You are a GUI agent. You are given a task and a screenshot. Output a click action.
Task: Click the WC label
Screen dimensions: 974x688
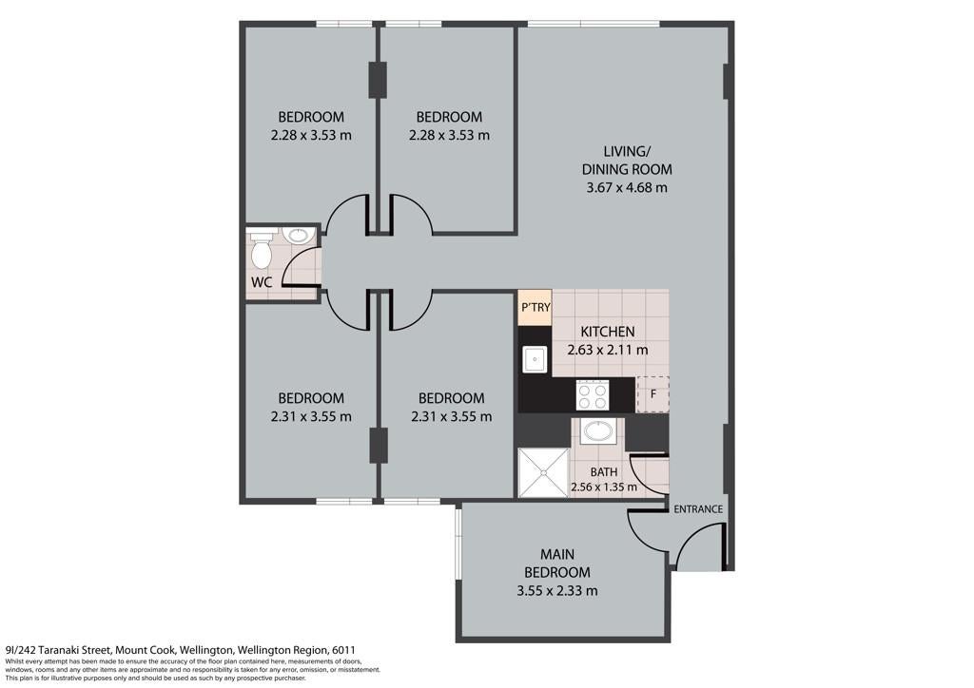(x=262, y=281)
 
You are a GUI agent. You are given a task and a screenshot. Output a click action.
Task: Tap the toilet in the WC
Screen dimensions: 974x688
(x=261, y=248)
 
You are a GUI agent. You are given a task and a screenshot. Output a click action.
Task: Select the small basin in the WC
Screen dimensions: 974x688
(x=299, y=236)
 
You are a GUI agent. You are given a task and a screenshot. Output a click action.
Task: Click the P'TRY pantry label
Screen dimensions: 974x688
(x=535, y=307)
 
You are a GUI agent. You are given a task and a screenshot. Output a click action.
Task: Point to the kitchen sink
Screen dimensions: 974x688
(x=534, y=358)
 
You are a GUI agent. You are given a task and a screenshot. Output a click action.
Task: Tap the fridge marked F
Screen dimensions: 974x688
(x=653, y=394)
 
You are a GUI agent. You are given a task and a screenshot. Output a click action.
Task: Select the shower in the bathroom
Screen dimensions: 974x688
(x=543, y=472)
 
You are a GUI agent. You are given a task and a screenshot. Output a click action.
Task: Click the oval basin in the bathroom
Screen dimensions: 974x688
(x=599, y=430)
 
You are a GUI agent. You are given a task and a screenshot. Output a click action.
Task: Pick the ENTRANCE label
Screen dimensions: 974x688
(x=698, y=508)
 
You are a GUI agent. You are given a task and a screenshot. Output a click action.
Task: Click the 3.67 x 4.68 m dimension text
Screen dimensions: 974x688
(x=627, y=187)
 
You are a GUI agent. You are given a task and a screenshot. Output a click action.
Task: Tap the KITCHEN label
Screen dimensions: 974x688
(x=608, y=332)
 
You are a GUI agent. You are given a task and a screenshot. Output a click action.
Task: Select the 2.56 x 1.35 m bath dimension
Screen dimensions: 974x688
(x=604, y=487)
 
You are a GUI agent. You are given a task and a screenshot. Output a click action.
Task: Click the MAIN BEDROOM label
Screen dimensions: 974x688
(x=557, y=563)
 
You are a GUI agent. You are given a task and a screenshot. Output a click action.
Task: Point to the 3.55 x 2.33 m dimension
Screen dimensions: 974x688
(x=557, y=591)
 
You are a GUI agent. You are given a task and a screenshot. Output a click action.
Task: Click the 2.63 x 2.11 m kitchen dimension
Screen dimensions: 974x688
(x=608, y=350)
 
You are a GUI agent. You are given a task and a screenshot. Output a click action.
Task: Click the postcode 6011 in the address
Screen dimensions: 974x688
(x=343, y=650)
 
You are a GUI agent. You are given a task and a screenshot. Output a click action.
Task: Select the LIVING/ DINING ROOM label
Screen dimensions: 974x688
(x=627, y=160)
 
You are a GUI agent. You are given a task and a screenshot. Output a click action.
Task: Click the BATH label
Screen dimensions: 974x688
(x=604, y=472)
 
